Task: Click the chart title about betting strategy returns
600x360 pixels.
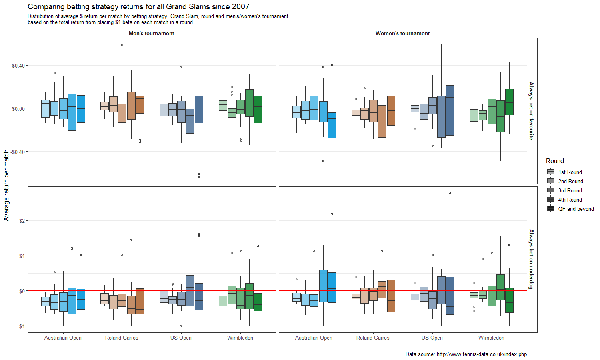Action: coord(138,7)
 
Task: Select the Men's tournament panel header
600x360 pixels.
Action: coord(151,33)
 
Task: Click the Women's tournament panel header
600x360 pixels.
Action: coord(402,33)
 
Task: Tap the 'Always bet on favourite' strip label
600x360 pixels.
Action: coord(532,111)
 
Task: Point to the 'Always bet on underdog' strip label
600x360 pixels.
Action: coord(532,259)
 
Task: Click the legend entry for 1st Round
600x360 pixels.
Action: coord(570,172)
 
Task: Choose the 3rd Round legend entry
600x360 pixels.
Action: coord(570,190)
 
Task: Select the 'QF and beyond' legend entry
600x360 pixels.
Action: coord(576,209)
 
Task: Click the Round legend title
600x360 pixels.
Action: coord(555,161)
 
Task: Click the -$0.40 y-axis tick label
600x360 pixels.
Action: coord(18,152)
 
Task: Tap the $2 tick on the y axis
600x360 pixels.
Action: coord(22,221)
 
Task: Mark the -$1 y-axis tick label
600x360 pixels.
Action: coord(21,326)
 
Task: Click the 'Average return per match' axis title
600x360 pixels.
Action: coord(6,185)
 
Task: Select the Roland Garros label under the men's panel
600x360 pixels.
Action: coord(122,338)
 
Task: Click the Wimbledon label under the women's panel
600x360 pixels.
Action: coord(491,338)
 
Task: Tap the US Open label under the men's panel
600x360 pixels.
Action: coord(181,338)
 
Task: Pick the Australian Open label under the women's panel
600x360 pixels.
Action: coord(314,338)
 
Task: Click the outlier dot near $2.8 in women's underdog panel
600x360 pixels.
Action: coord(450,194)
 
